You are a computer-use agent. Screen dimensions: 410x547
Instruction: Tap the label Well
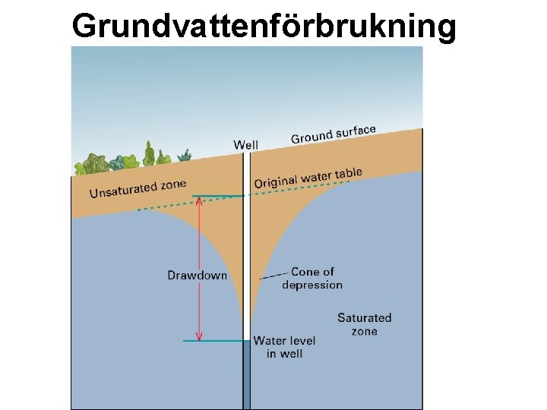(x=245, y=144)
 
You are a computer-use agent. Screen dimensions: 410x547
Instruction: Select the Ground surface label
(x=334, y=134)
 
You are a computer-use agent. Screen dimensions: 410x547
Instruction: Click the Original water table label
(x=308, y=178)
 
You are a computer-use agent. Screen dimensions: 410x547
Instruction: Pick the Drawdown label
(x=197, y=275)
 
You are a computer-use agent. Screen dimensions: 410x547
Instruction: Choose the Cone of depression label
(x=312, y=278)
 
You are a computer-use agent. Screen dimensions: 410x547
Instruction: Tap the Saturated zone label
(x=364, y=324)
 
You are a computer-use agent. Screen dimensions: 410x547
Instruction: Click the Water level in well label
(x=284, y=347)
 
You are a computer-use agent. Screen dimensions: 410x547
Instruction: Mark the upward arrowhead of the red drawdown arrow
(x=199, y=202)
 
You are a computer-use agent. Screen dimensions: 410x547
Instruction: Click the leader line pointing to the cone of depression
(x=274, y=275)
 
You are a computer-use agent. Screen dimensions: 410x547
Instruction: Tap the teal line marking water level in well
(x=217, y=341)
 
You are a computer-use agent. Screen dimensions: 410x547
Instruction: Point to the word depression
(x=312, y=285)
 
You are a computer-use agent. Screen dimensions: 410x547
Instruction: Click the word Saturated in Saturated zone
(x=364, y=318)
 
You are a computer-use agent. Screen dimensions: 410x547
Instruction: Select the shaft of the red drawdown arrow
(x=199, y=251)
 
